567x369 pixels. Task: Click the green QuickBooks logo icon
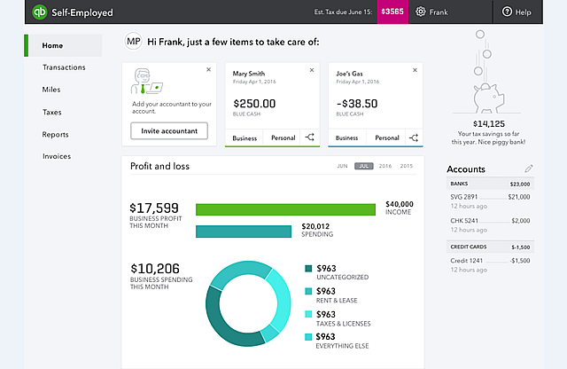[39, 12]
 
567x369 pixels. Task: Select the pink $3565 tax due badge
[392, 12]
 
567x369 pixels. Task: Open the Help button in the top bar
[517, 12]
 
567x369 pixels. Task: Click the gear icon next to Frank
[421, 12]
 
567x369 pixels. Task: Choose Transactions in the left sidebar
[64, 67]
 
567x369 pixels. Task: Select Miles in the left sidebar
[51, 90]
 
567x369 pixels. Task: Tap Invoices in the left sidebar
[57, 156]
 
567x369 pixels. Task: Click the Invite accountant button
[169, 131]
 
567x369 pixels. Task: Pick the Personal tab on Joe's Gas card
[387, 137]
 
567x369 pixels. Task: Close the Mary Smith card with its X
[312, 69]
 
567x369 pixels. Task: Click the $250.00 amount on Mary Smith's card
[253, 104]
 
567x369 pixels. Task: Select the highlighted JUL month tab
[363, 166]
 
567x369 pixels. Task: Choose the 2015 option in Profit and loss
[407, 166]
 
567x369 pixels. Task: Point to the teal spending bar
[244, 232]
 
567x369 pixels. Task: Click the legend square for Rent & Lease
[308, 291]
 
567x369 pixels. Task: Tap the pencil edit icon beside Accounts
[529, 169]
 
